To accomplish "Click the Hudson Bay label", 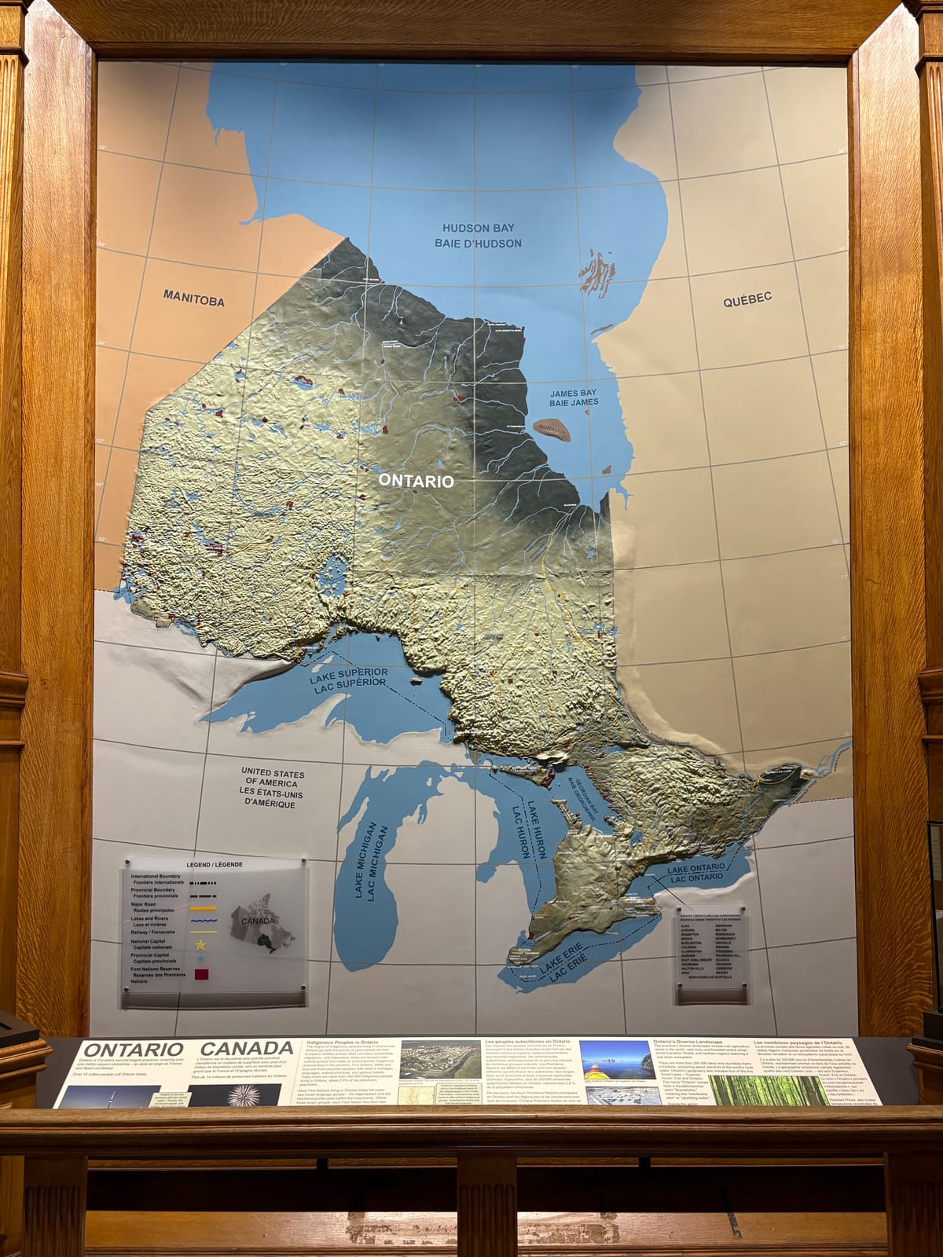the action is (478, 235).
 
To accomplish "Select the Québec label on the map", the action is (748, 299).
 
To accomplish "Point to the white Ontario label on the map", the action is (416, 481).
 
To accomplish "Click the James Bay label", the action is (573, 397).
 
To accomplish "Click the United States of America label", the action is (273, 789).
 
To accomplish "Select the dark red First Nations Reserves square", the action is (202, 974).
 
